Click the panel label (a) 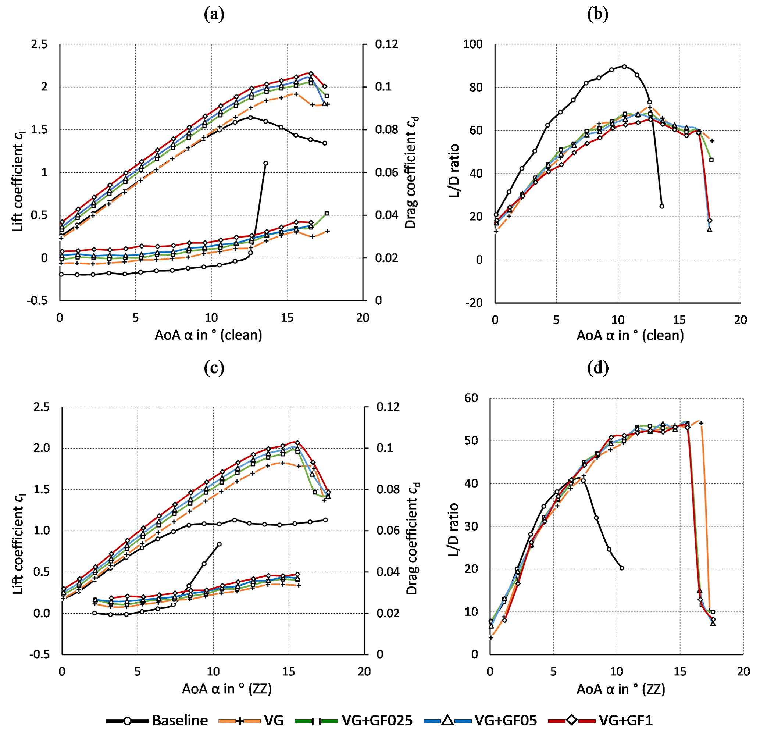pos(214,14)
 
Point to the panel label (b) pos(597,14)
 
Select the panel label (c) pos(214,368)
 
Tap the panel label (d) pos(597,368)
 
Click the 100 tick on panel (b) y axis pos(473,44)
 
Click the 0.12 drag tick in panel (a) pos(386,44)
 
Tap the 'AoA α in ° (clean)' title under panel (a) pos(208,335)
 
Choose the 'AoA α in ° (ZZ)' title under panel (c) pos(227,689)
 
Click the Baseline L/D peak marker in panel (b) pos(624,66)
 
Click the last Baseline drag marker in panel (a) pos(265,163)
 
